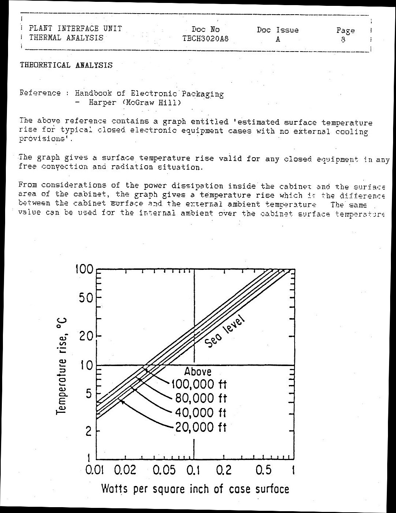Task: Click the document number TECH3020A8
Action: pos(205,38)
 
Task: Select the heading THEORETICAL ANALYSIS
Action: pos(66,65)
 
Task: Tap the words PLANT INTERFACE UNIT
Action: pos(75,29)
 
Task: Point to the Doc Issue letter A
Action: pos(278,39)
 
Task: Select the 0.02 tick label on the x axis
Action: pos(125,469)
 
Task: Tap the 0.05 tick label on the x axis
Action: pos(164,469)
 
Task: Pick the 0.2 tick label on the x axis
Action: pos(224,469)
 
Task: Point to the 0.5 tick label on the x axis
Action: pos(264,469)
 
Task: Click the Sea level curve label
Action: pos(224,331)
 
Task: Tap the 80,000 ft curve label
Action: pos(201,398)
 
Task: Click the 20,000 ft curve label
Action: pos(201,427)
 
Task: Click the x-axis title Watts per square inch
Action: pos(195,489)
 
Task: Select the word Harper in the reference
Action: pos(102,103)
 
